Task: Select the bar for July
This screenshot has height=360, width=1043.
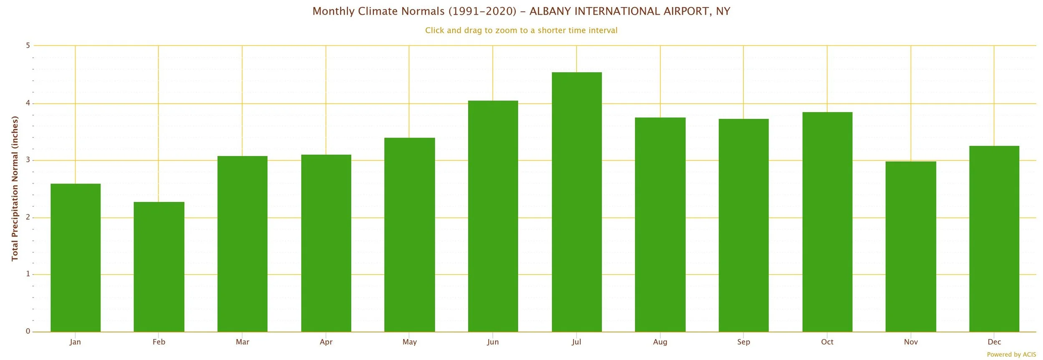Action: pyautogui.click(x=577, y=202)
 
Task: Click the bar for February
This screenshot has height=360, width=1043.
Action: pyautogui.click(x=159, y=267)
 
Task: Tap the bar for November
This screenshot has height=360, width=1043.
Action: pyautogui.click(x=911, y=247)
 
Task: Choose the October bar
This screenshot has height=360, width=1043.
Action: pyautogui.click(x=827, y=222)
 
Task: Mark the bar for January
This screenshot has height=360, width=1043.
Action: pyautogui.click(x=76, y=258)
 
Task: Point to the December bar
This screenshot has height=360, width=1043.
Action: pyautogui.click(x=994, y=239)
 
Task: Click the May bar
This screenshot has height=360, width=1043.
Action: pyautogui.click(x=409, y=235)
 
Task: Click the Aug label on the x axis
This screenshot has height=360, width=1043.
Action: pyautogui.click(x=660, y=342)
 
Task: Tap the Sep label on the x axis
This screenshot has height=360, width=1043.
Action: pyautogui.click(x=743, y=342)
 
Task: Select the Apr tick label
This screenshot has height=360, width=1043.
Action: pyautogui.click(x=326, y=342)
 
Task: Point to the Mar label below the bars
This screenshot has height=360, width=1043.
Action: pyautogui.click(x=242, y=342)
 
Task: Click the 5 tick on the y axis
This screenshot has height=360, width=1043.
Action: pyautogui.click(x=28, y=45)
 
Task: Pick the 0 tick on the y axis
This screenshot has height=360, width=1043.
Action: pyautogui.click(x=28, y=331)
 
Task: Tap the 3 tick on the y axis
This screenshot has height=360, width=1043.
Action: pyautogui.click(x=28, y=160)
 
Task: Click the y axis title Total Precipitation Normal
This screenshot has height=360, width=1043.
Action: pyautogui.click(x=15, y=189)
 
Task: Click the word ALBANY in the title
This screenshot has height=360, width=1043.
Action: pyautogui.click(x=550, y=11)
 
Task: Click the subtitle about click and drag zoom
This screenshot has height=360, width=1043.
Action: pyautogui.click(x=521, y=30)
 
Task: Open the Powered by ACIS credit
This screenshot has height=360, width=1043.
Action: pyautogui.click(x=1011, y=355)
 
